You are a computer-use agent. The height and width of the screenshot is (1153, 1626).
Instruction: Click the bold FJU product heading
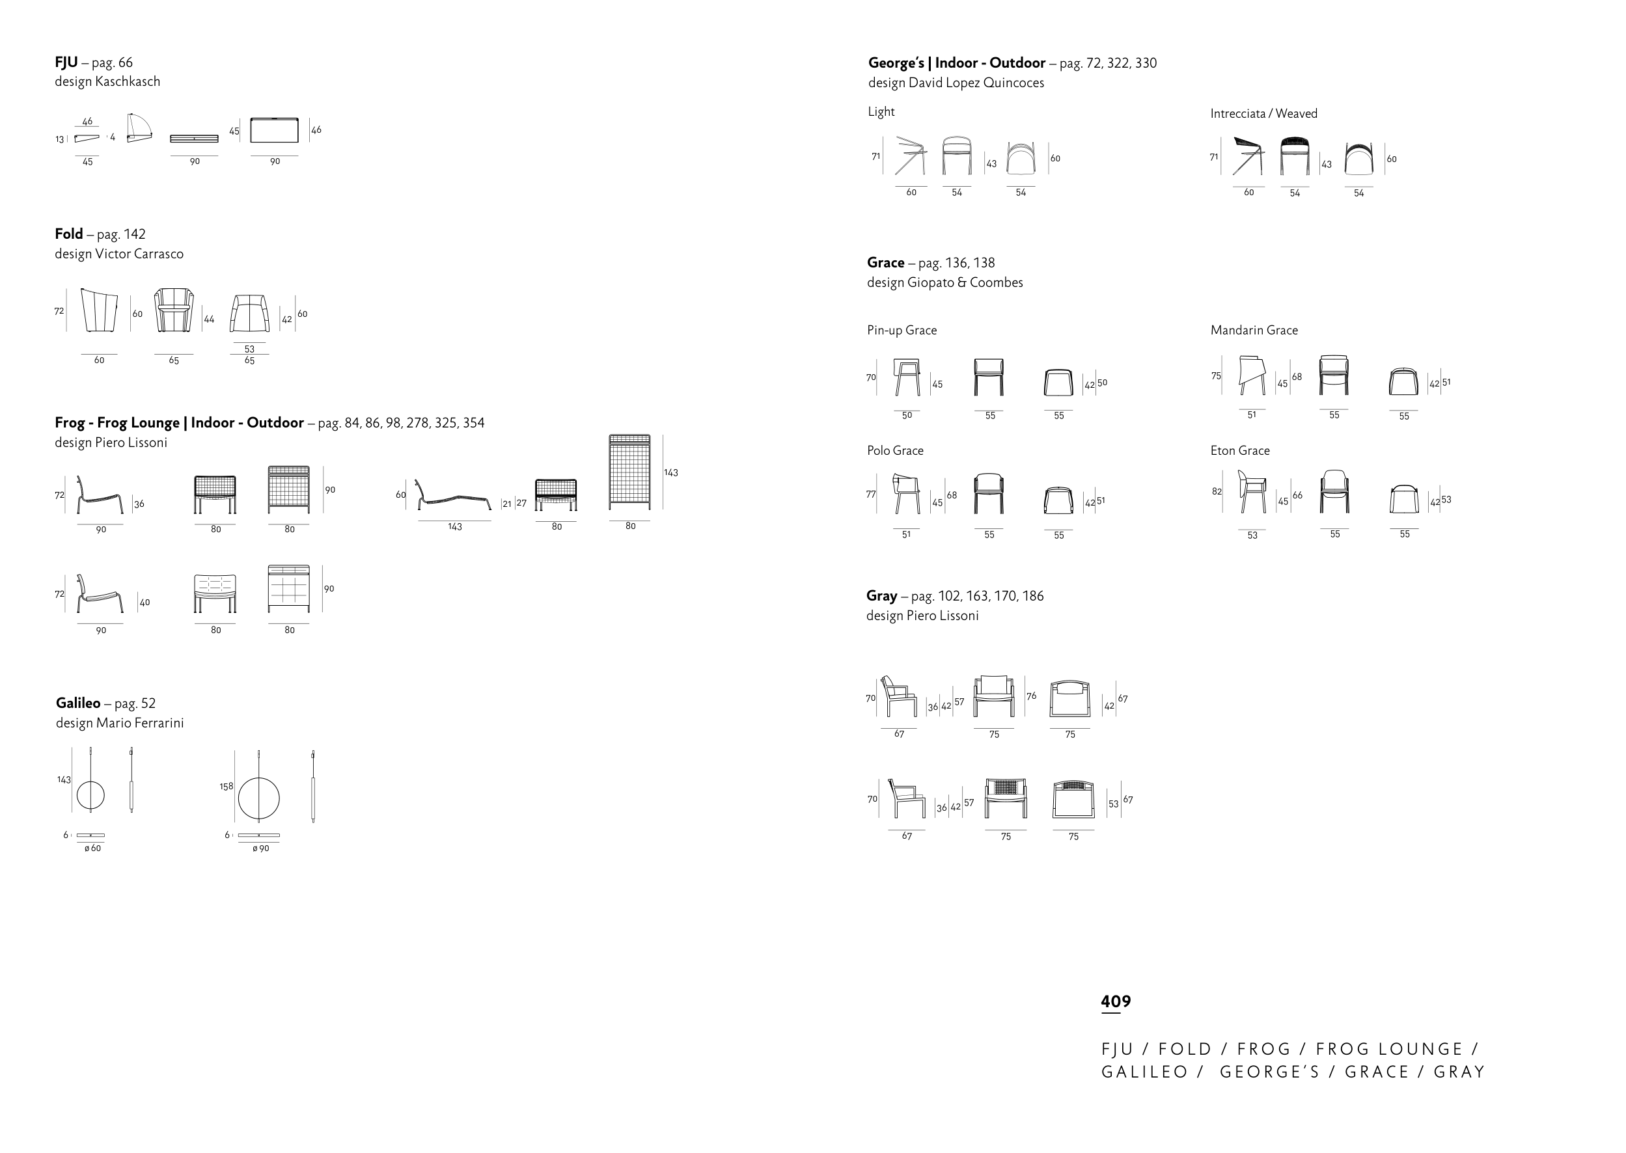[66, 62]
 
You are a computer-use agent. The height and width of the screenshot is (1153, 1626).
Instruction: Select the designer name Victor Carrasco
[139, 254]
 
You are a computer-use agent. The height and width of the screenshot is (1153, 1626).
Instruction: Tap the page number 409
[1116, 1001]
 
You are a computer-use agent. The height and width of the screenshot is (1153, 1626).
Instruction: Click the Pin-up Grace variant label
[902, 330]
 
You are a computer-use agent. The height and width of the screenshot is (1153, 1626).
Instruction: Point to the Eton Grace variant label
[1240, 450]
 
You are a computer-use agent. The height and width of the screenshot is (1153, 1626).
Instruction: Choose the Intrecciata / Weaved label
[1264, 114]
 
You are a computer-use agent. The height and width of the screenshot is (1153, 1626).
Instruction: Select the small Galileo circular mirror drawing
[90, 795]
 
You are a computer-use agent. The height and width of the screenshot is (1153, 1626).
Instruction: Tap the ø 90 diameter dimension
[260, 848]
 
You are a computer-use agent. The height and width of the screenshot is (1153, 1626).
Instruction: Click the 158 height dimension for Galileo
[226, 787]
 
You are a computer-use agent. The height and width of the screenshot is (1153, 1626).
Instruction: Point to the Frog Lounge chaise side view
[453, 495]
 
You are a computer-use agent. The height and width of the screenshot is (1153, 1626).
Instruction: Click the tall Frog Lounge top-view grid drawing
[629, 472]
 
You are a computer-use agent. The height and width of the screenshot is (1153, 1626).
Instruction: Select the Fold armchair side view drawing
[100, 310]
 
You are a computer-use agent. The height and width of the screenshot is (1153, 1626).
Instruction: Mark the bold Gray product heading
[882, 595]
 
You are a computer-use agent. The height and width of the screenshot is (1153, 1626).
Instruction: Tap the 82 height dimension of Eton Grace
[1217, 491]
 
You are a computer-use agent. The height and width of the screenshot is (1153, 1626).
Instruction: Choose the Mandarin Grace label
[1254, 330]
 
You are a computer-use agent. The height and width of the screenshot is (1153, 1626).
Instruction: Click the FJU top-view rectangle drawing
[274, 130]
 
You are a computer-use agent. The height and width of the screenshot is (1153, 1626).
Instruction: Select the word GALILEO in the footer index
[1144, 1072]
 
